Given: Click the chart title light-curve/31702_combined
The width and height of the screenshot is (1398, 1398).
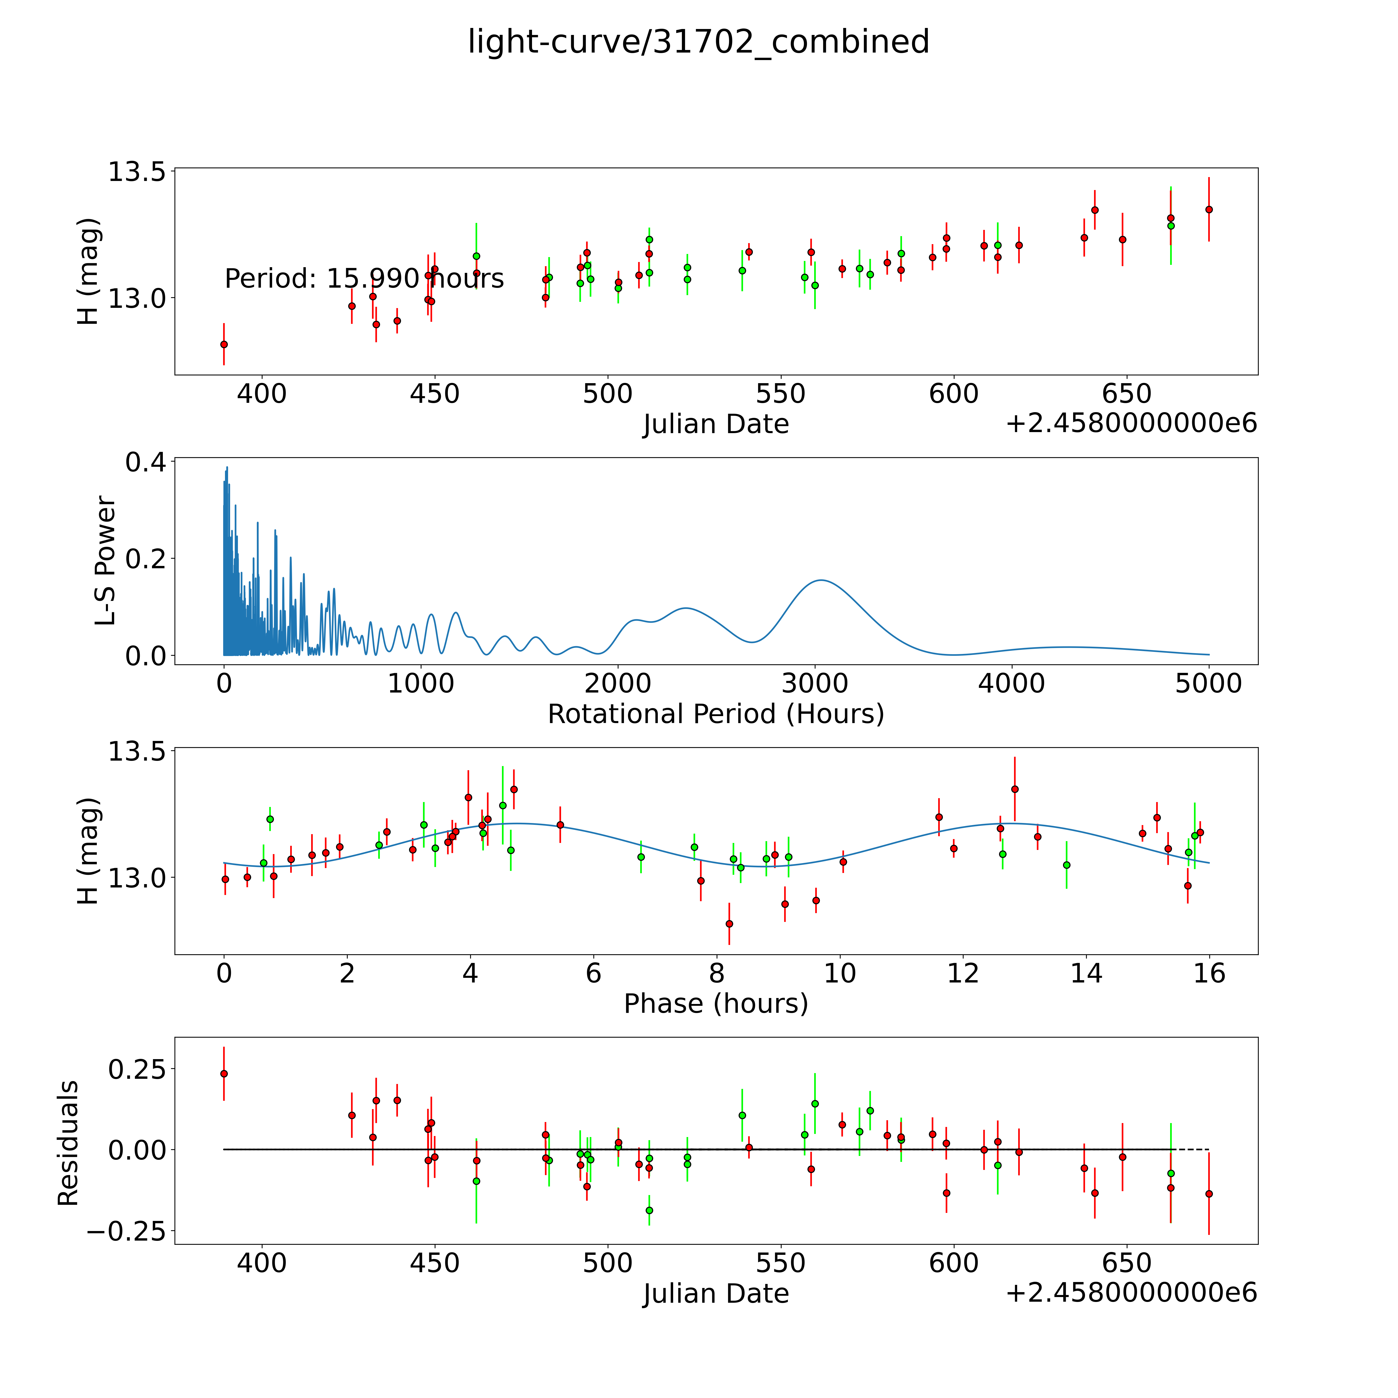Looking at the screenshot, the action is pyautogui.click(x=698, y=42).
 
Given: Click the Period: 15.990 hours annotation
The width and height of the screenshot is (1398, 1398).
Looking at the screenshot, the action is pyautogui.click(x=364, y=279).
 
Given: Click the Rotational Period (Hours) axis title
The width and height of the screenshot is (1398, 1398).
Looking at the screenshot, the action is pyautogui.click(x=716, y=714).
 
